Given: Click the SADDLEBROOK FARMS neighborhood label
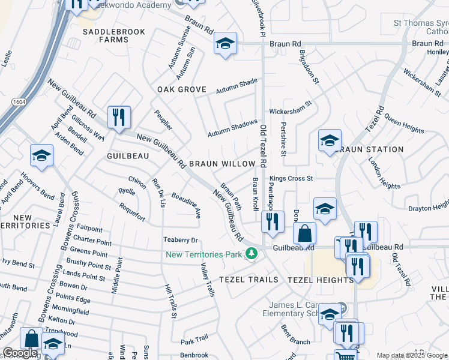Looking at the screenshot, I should [106, 35].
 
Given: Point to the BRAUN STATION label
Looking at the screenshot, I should [371, 149].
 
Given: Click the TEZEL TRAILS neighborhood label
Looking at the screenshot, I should [249, 280].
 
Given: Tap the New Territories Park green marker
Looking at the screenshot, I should [252, 254].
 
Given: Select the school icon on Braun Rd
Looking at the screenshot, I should [225, 43].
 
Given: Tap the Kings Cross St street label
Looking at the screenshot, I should [291, 178].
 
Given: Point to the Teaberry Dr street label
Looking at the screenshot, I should [181, 240].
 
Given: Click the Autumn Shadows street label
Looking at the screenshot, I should [232, 128].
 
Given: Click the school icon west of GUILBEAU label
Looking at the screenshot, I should [41, 155].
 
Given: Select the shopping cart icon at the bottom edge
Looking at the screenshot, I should [344, 356].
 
